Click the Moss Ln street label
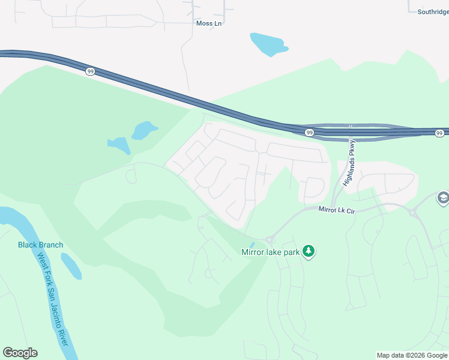[208, 23]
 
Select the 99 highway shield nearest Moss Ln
[89, 71]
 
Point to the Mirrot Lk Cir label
[337, 209]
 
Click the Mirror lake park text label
[270, 252]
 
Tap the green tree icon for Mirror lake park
[309, 251]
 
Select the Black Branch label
[40, 245]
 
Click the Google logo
[20, 353]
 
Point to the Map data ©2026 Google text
[412, 355]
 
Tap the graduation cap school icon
[443, 198]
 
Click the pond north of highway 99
[268, 44]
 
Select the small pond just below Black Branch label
[71, 266]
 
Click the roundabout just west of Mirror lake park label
[270, 239]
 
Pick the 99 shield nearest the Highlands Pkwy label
[309, 132]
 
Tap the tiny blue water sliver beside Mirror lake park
[252, 244]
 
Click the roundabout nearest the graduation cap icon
[414, 212]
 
